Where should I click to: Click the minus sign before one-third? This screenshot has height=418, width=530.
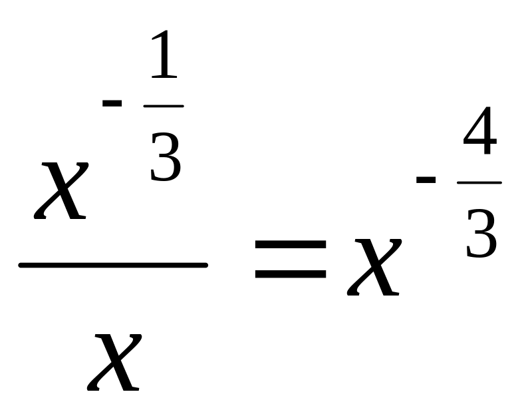[x=112, y=103]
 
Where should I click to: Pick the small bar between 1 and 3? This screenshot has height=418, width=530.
[x=164, y=106]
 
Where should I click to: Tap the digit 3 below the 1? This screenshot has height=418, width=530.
[x=165, y=157]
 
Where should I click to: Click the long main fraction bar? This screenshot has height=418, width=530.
[x=113, y=265]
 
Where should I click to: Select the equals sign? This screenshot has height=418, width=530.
[x=290, y=260]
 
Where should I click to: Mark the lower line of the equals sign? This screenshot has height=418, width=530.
[x=290, y=273]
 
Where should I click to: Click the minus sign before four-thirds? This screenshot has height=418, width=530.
[x=426, y=179]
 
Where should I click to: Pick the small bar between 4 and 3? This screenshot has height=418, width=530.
[x=479, y=182]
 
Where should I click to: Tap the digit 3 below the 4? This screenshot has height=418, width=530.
[x=481, y=234]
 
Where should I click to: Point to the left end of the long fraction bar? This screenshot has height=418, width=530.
[x=22, y=265]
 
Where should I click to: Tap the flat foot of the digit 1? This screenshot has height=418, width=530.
[x=165, y=77]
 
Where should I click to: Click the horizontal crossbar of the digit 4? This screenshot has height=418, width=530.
[x=480, y=144]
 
